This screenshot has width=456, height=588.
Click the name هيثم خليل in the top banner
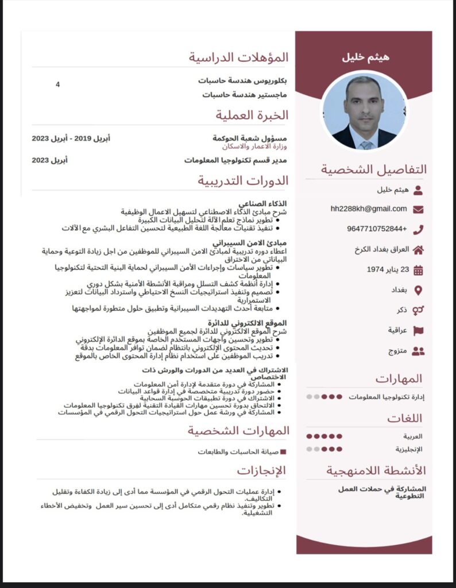[365, 57]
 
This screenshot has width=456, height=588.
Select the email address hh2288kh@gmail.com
[369, 208]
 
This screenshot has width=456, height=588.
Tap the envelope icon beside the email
[418, 210]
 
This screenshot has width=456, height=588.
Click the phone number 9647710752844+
[376, 229]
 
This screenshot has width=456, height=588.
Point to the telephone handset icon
[418, 230]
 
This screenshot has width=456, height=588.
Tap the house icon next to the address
[418, 250]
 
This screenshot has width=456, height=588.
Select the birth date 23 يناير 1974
[387, 269]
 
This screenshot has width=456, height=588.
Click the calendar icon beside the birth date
[418, 270]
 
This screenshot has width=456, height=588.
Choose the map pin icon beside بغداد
[418, 290]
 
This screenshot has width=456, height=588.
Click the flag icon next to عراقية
[418, 330]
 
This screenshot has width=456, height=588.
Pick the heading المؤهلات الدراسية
[238, 57]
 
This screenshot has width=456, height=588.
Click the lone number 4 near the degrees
[57, 84]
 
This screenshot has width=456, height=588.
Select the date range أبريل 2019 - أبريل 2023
[71, 138]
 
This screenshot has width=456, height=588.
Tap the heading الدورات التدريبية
[243, 180]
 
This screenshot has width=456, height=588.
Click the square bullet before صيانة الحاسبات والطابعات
[283, 452]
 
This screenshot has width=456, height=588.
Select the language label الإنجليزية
[409, 449]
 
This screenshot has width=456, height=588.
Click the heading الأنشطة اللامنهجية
[376, 471]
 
